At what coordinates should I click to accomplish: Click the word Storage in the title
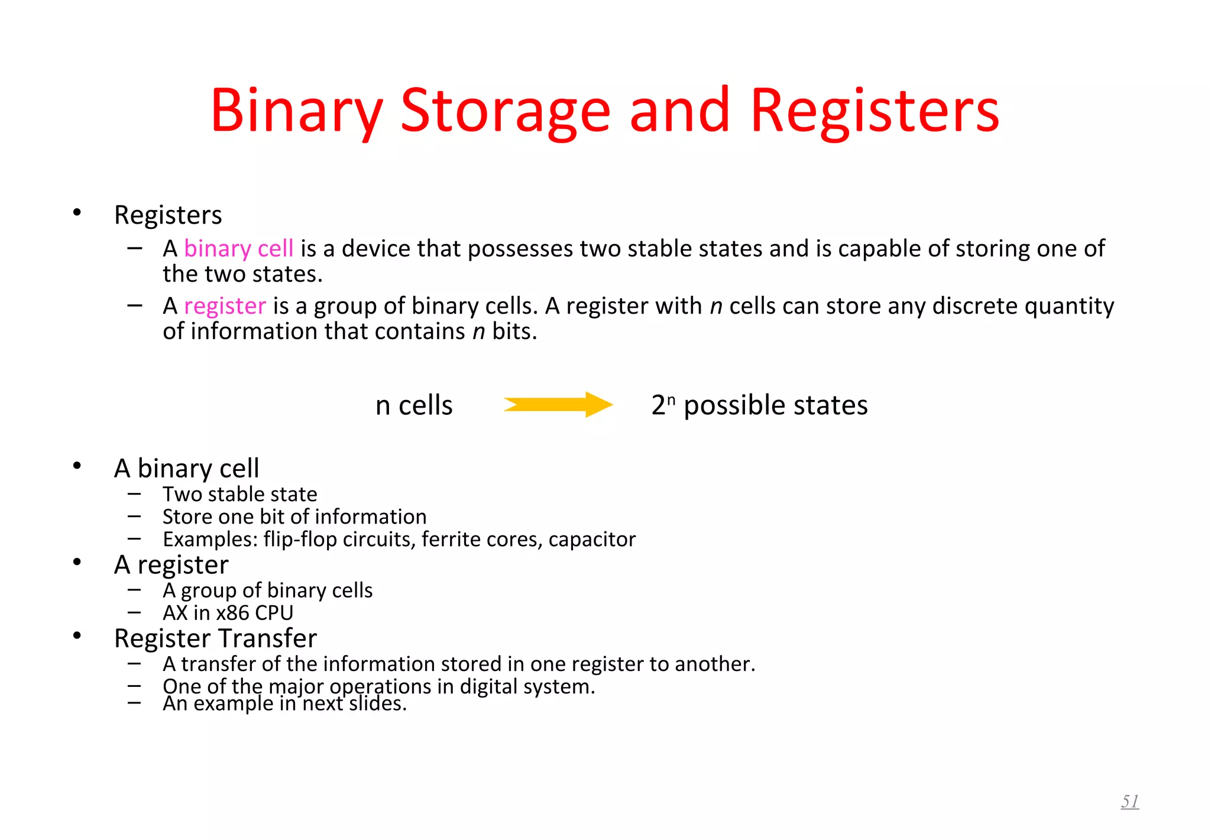(x=505, y=111)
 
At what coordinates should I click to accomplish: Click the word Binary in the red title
(x=296, y=111)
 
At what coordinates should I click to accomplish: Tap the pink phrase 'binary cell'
(x=238, y=249)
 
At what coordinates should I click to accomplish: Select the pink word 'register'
(x=225, y=306)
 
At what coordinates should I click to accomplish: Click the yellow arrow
(x=558, y=405)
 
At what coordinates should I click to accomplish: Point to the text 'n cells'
(x=414, y=406)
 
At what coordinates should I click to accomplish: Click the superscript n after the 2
(x=671, y=399)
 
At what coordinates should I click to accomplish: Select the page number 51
(x=1129, y=801)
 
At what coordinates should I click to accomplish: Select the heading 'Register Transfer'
(x=215, y=638)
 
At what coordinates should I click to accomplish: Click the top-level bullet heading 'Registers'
(x=168, y=215)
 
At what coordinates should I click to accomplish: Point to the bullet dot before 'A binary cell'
(x=77, y=466)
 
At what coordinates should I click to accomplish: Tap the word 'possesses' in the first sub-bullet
(x=520, y=249)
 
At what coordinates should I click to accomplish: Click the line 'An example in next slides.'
(x=284, y=704)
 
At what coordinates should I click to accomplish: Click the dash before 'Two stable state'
(x=134, y=493)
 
